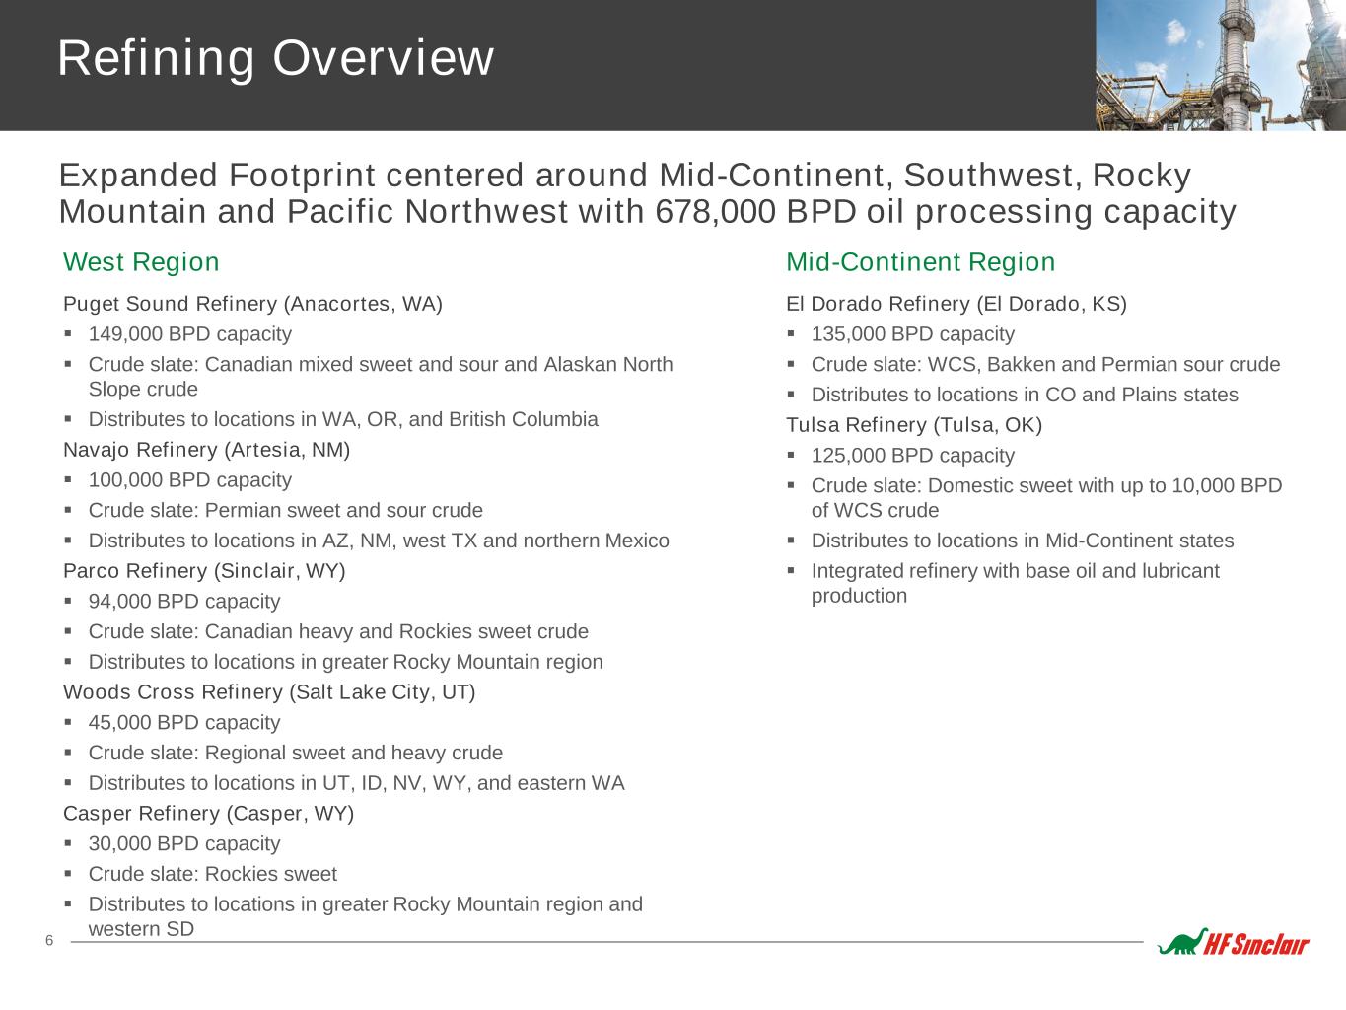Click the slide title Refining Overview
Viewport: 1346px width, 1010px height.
coord(275,59)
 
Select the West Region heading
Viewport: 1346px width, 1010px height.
coord(141,262)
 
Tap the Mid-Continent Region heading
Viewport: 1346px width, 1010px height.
coord(920,262)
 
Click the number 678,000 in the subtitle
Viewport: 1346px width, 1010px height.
coord(715,211)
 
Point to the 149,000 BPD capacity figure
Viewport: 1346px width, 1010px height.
coord(190,334)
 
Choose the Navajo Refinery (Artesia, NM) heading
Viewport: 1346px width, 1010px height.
coord(207,450)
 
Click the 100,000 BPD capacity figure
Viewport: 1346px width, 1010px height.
coord(190,480)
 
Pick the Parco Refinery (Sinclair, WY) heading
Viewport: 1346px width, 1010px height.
coord(204,571)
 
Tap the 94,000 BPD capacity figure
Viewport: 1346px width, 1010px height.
coord(184,602)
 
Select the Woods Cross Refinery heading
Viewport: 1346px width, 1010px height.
coord(269,692)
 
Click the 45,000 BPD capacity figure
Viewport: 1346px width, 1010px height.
coord(184,723)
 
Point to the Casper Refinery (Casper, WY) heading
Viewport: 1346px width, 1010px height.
coord(208,814)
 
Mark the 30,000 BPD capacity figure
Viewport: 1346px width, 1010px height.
coord(184,844)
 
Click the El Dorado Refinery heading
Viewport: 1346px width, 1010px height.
coord(956,304)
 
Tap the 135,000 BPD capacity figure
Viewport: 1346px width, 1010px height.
coord(913,334)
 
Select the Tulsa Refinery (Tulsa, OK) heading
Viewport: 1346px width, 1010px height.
coord(914,425)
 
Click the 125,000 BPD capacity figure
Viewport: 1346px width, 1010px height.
coord(913,456)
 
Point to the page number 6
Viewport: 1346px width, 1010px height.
coord(49,941)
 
